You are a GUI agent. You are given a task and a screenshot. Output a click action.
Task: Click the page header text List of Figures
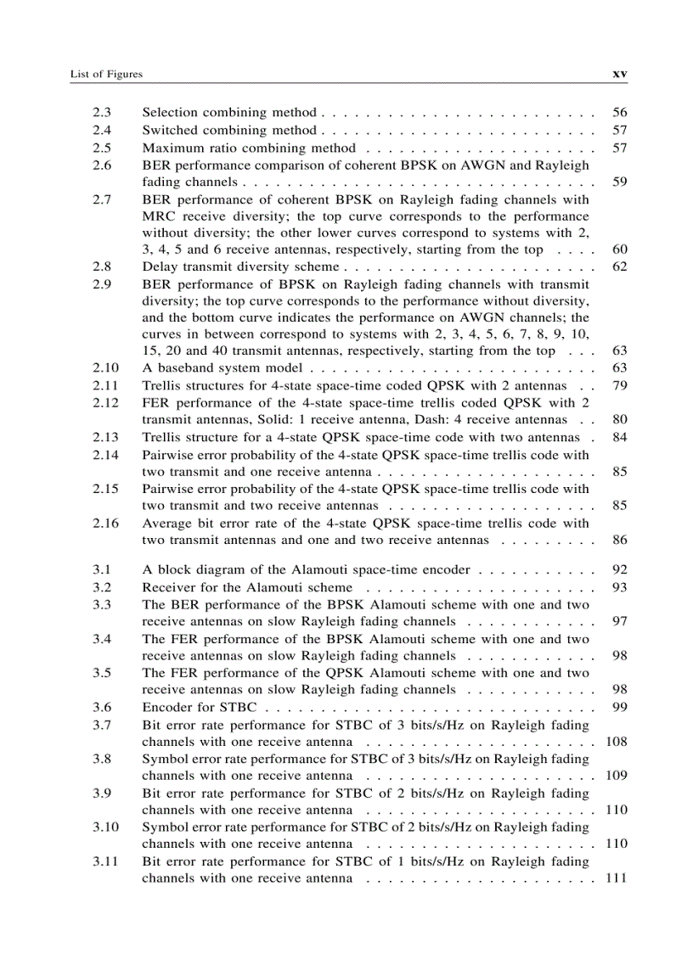point(106,75)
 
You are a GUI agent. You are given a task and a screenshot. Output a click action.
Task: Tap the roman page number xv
point(619,74)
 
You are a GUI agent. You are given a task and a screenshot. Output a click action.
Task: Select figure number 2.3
point(103,112)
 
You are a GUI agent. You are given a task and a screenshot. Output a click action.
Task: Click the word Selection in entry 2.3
point(168,112)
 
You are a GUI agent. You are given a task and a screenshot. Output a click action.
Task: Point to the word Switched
point(168,131)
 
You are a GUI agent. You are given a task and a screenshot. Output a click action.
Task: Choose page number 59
point(619,182)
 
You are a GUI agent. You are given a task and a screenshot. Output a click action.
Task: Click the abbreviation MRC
point(159,216)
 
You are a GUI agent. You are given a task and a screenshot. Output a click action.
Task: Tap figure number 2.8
point(103,266)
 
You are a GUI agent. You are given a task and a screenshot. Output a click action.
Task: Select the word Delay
point(159,266)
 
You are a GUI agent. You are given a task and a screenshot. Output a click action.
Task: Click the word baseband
point(181,368)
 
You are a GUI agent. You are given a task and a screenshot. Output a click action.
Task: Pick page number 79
point(619,385)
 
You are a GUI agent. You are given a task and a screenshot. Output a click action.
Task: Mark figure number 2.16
point(106,524)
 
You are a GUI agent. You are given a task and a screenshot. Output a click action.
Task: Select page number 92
point(619,570)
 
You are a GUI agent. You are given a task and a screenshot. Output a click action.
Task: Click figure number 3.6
point(103,707)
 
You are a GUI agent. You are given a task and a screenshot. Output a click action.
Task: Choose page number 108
point(616,742)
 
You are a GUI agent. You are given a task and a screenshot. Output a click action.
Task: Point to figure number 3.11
point(106,861)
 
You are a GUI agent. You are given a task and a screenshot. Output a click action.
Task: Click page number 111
point(616,878)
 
